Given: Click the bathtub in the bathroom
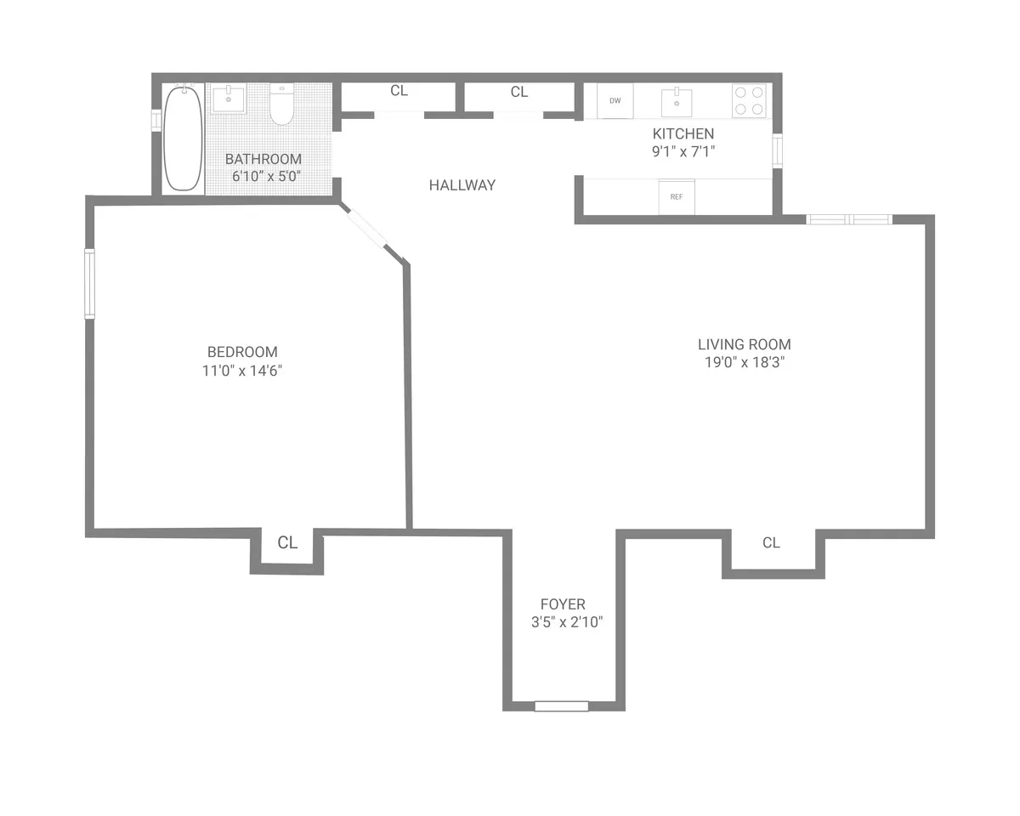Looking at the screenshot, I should [x=183, y=138].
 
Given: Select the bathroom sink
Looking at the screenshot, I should [x=228, y=99].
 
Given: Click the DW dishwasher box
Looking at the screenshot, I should [x=615, y=100].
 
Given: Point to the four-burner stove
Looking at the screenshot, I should [x=749, y=100].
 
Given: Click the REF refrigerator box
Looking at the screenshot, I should [x=677, y=196].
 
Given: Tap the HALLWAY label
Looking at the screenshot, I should [x=462, y=184].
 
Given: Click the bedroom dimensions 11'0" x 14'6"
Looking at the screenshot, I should [x=242, y=371].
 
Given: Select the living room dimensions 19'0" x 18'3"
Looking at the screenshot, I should [x=744, y=363].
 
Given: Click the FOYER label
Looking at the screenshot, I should [x=563, y=604].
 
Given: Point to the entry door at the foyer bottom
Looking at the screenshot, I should [x=561, y=705].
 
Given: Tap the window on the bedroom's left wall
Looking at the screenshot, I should [x=89, y=283].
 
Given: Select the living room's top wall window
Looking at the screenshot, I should [x=848, y=219].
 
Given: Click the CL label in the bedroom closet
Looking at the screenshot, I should [x=288, y=542].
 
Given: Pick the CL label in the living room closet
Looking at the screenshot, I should [x=771, y=542].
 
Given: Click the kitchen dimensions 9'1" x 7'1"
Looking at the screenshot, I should [x=683, y=152].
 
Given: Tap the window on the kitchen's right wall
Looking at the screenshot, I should [x=776, y=150].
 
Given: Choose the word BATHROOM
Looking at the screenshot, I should [x=263, y=159].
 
